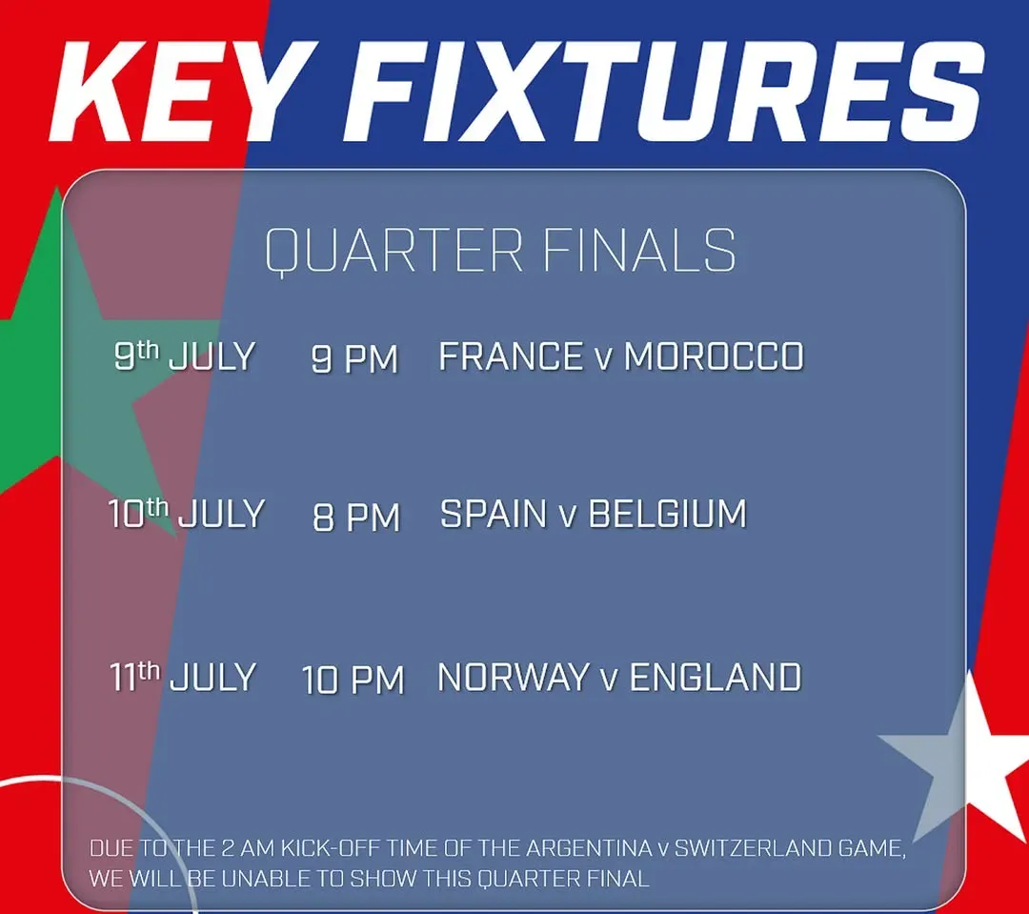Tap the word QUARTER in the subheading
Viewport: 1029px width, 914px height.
click(x=393, y=250)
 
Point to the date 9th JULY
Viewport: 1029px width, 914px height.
click(x=185, y=355)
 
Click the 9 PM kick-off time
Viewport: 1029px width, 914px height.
click(x=354, y=358)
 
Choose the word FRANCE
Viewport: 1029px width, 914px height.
click(x=511, y=356)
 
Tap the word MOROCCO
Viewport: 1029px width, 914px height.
click(x=714, y=356)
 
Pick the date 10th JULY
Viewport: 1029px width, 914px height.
click(x=187, y=513)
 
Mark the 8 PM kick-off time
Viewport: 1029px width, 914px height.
click(x=356, y=517)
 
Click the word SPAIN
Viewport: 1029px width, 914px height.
click(x=494, y=514)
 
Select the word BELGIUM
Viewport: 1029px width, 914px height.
click(x=667, y=514)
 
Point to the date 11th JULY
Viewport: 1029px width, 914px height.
click(x=182, y=677)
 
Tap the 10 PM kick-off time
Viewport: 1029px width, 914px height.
click(x=353, y=680)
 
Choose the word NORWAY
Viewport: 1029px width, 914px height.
click(x=514, y=677)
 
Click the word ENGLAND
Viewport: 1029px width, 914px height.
click(x=716, y=677)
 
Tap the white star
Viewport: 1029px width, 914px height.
click(x=963, y=755)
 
